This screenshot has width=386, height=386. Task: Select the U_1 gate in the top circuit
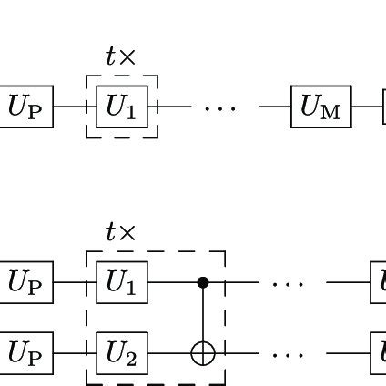click(x=121, y=107)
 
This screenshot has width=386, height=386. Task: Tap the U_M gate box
click(x=320, y=107)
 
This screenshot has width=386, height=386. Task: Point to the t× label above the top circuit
click(x=120, y=57)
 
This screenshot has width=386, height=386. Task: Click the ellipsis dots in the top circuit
click(x=219, y=107)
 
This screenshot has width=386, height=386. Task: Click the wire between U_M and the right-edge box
click(x=366, y=107)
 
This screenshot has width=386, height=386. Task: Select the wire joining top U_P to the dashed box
click(x=70, y=107)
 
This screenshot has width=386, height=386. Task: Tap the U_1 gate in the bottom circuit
click(x=121, y=282)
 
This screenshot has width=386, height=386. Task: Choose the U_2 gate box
click(x=121, y=352)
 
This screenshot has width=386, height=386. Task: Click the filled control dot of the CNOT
click(x=203, y=282)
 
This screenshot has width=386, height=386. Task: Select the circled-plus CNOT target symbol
click(x=203, y=352)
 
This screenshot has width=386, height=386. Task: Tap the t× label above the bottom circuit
click(x=120, y=233)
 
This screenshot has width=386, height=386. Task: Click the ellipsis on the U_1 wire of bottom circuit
click(x=288, y=283)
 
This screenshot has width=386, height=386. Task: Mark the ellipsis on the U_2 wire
click(x=288, y=353)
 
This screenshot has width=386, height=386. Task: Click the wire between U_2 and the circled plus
click(x=169, y=352)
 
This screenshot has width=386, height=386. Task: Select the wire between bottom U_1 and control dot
click(x=173, y=282)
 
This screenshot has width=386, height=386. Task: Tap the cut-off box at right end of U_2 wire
click(x=379, y=352)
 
